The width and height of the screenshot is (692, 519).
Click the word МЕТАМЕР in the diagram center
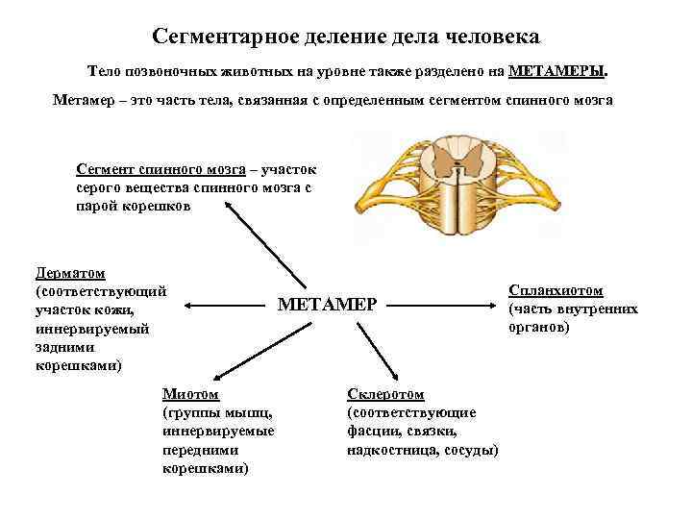tap(329, 305)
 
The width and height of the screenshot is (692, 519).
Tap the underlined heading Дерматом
tap(70, 273)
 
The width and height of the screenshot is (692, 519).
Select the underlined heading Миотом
tap(190, 395)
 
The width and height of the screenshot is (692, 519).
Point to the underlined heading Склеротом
tap(384, 395)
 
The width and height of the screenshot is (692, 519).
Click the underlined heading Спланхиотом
tap(556, 290)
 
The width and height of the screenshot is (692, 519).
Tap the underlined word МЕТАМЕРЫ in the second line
tap(556, 72)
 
